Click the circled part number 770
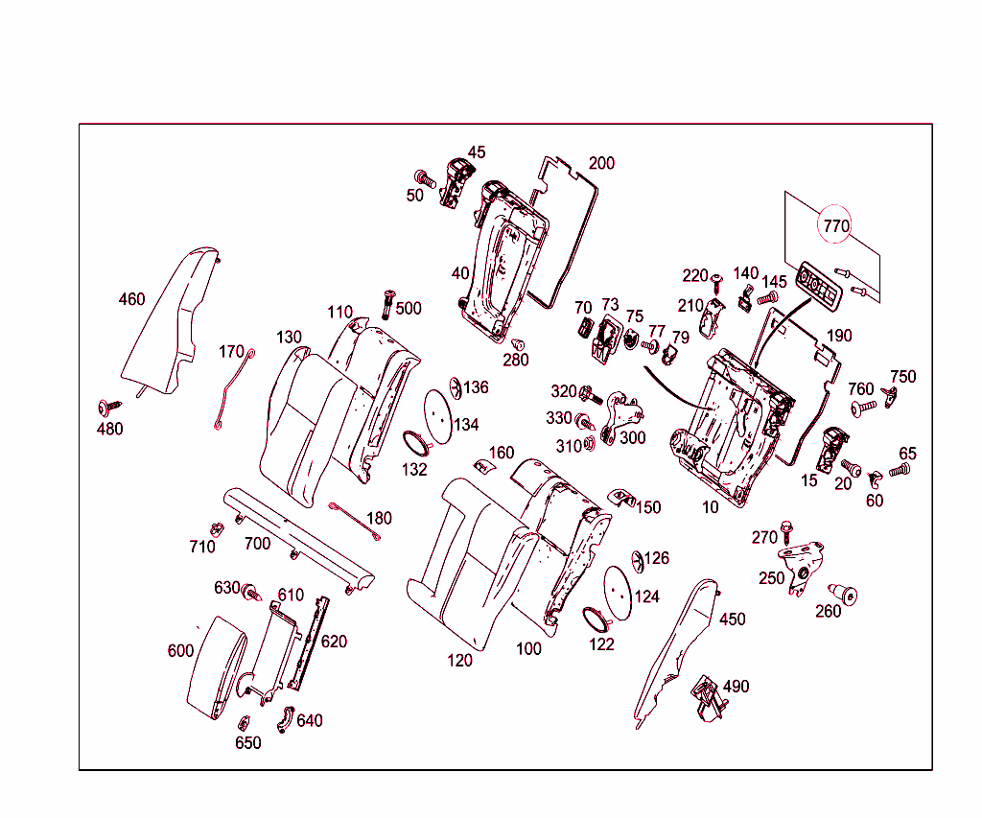[835, 227]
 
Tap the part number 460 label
[131, 299]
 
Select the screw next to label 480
[106, 408]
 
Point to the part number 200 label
[601, 163]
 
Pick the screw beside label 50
[424, 178]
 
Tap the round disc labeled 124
[618, 589]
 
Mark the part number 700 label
[257, 544]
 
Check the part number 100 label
[528, 648]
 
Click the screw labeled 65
[900, 471]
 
